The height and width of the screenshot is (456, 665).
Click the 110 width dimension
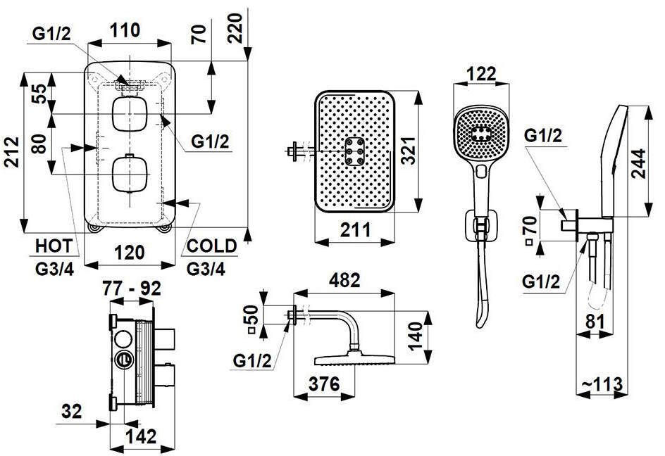click(x=125, y=30)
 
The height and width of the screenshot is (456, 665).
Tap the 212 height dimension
click(x=11, y=152)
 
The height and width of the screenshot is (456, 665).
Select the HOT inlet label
click(x=54, y=246)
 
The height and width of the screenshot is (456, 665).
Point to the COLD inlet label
click(x=211, y=246)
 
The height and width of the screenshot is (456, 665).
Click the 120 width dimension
click(x=130, y=253)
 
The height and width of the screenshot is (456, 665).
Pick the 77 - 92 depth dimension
click(x=132, y=289)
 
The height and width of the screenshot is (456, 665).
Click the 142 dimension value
click(x=142, y=436)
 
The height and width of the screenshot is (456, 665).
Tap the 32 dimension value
click(x=71, y=411)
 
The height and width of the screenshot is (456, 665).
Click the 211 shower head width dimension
click(x=355, y=230)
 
